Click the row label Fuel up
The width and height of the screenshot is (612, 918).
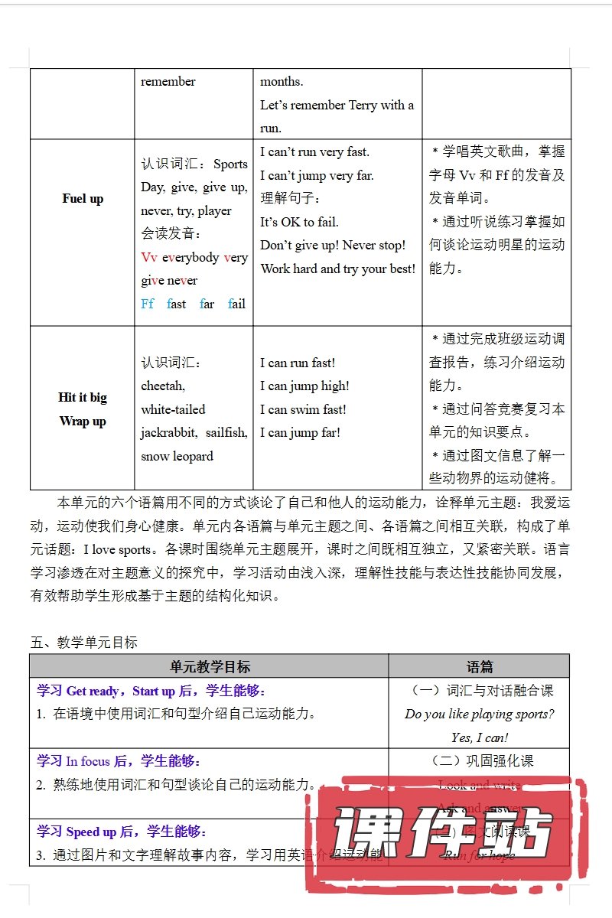coord(83,199)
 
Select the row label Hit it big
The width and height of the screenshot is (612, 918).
coord(83,397)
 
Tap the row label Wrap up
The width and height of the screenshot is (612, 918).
coord(83,421)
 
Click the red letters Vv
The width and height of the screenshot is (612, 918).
coord(148,257)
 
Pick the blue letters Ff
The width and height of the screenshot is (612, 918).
coord(148,304)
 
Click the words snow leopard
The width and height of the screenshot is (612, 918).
coord(177,456)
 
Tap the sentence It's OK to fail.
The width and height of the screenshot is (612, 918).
coord(299,222)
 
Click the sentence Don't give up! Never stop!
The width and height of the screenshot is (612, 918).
coord(333,246)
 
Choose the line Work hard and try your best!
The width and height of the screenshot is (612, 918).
coord(338,269)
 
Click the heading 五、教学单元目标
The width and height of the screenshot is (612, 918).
coord(84,643)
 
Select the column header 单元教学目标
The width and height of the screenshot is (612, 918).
coord(210,666)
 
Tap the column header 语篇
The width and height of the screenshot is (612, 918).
coord(480,666)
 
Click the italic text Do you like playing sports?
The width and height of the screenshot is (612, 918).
coord(480,714)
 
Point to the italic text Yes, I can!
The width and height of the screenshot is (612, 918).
coord(480,737)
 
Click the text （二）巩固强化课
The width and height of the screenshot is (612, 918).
coord(480,760)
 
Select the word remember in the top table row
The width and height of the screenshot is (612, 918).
coord(168,82)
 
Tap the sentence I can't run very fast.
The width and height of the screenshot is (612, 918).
coord(314,151)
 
